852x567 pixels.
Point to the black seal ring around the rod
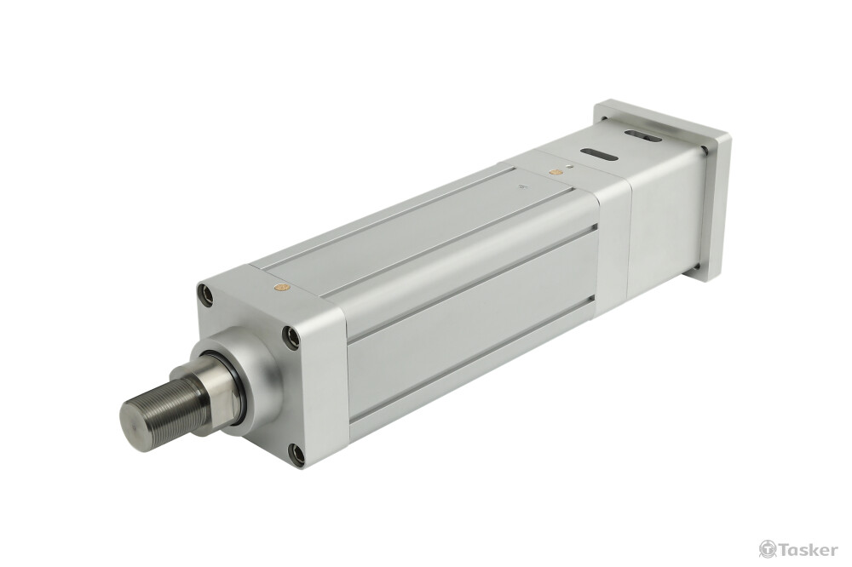(x=235, y=387)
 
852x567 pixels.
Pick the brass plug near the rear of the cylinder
(x=555, y=172)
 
